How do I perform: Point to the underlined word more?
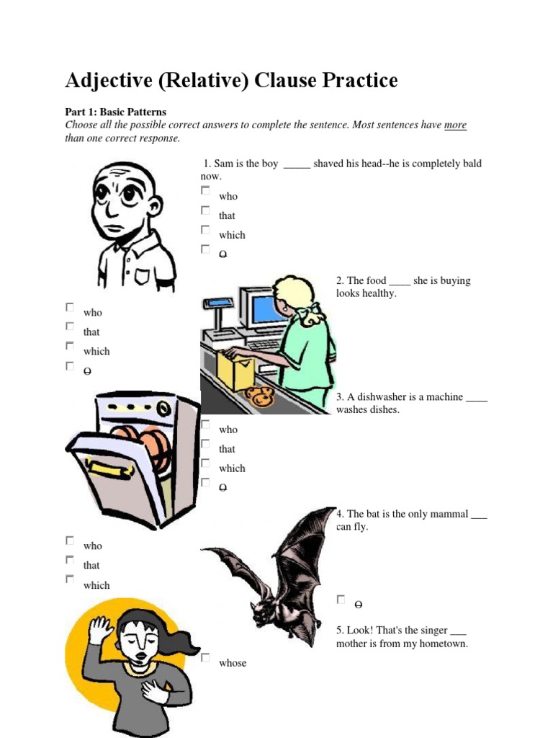point(455,125)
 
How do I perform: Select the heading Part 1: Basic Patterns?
point(115,112)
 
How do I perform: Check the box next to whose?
point(205,658)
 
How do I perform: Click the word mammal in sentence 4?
point(448,514)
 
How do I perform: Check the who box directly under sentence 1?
point(205,191)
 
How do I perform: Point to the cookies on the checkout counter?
point(259,394)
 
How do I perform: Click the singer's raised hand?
point(100,629)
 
